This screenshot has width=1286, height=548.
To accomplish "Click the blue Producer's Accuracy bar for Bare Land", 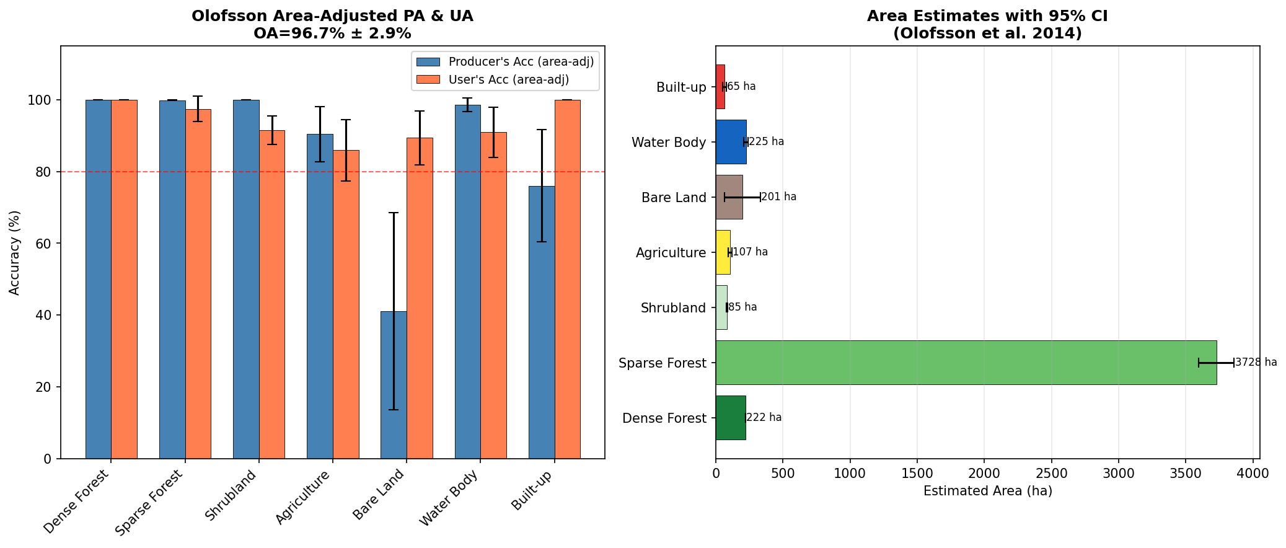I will point(394,384).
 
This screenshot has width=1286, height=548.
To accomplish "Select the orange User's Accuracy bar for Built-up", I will point(567,279).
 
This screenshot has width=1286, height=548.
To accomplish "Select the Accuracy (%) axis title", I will point(15,252).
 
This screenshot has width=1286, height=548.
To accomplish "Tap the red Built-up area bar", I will point(720,87).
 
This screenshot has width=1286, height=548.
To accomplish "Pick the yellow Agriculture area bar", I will point(723,252).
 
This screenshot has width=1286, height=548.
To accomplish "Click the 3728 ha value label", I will point(1256,363).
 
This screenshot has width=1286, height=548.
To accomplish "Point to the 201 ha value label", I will point(779,197).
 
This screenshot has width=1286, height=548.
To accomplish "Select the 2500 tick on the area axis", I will point(1051,474).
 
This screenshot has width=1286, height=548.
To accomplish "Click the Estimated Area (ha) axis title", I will point(987,492).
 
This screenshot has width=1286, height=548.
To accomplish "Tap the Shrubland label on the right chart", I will point(673,308).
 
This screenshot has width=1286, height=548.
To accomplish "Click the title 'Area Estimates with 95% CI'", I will point(987,17).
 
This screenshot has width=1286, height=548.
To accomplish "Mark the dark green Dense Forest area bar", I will point(730,418).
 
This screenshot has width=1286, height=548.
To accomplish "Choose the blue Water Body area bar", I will point(731,142).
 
